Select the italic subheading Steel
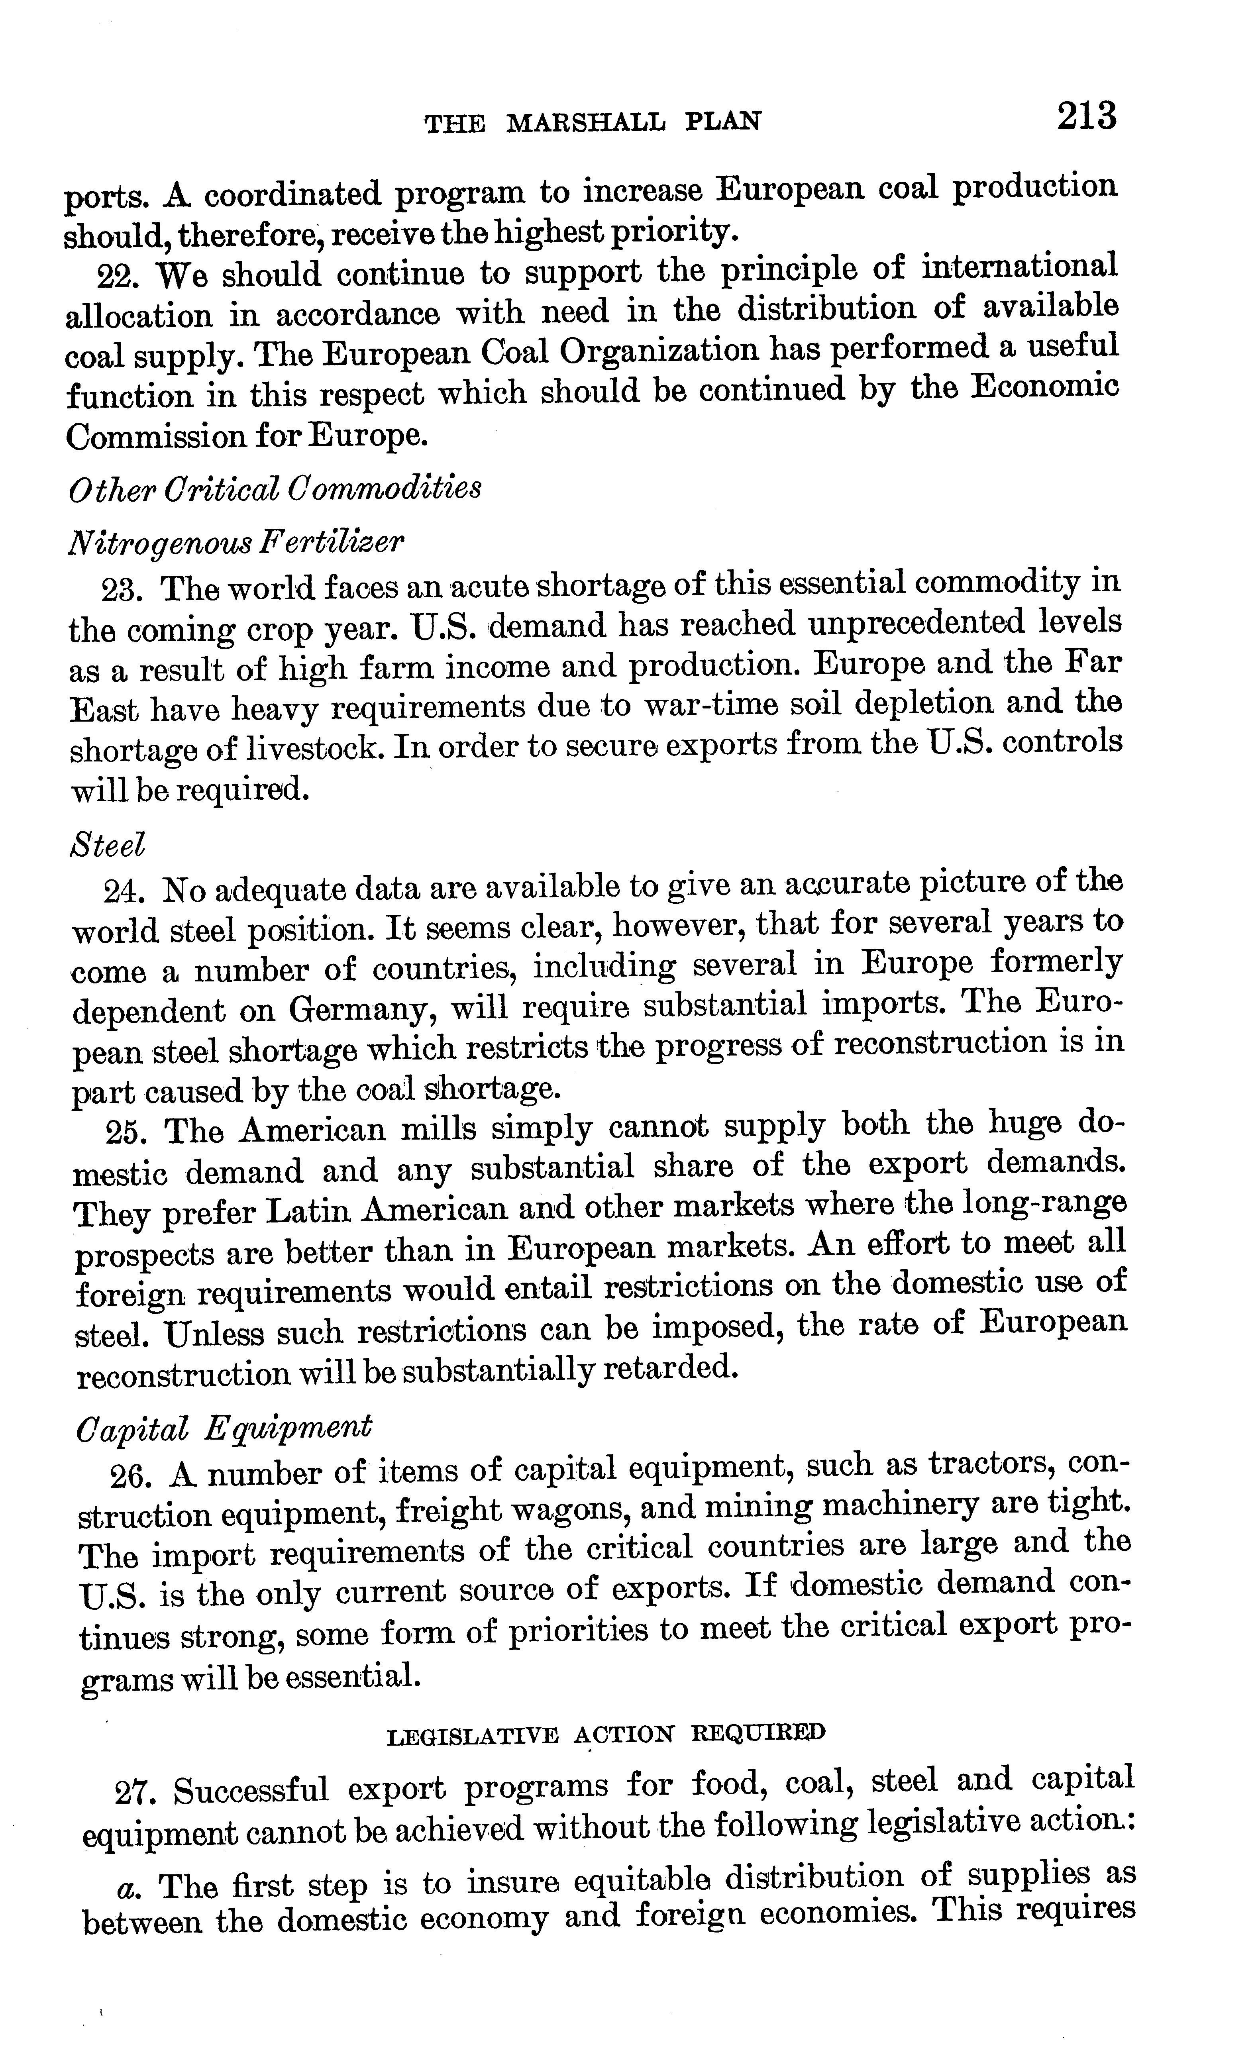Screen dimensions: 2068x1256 click(107, 844)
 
